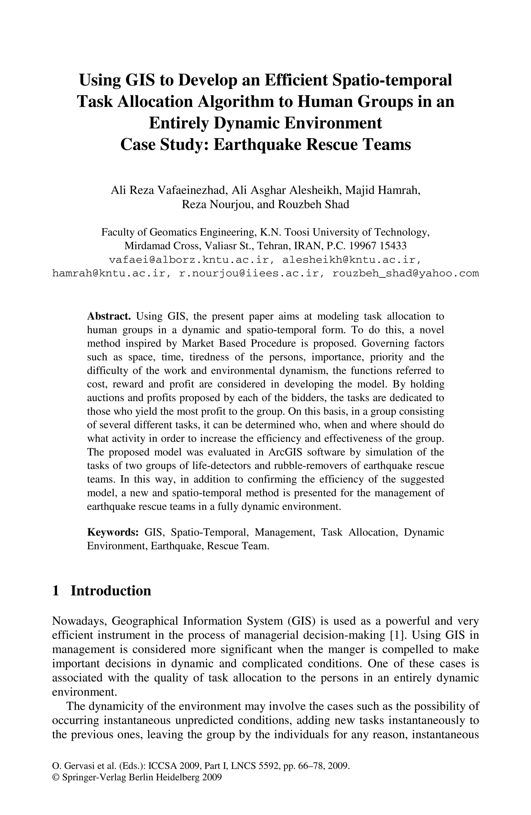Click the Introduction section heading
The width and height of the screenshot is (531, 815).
111,591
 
